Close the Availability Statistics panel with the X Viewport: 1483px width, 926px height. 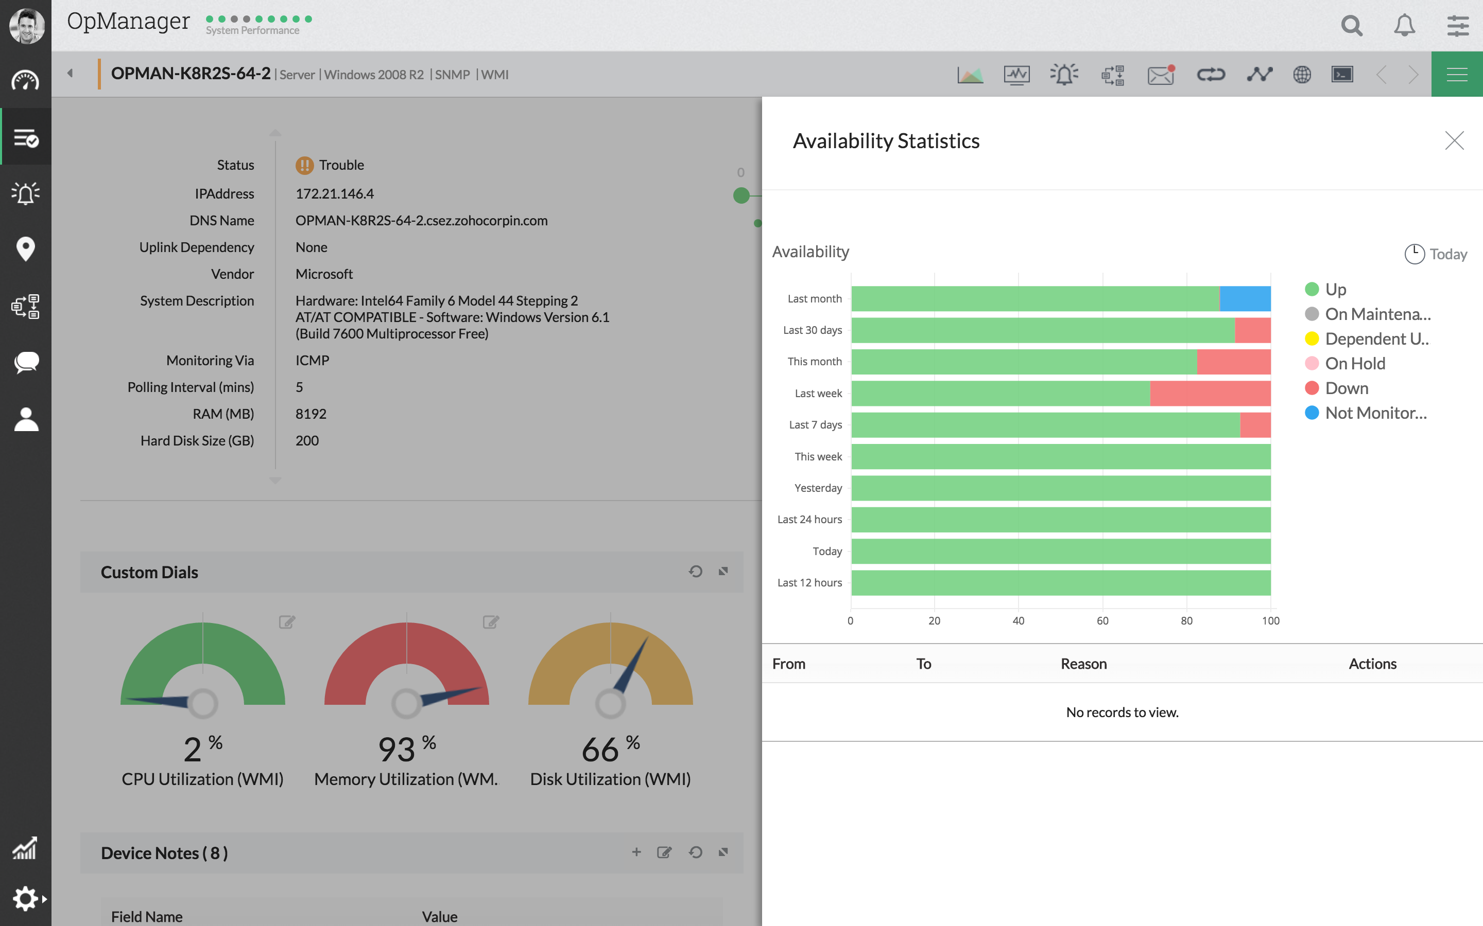(x=1454, y=140)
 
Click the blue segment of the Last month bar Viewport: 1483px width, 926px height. (x=1245, y=298)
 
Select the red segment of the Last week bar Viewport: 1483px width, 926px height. (x=1210, y=393)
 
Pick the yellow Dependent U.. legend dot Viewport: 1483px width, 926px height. (x=1312, y=339)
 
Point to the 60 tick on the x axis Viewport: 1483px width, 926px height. (x=1102, y=620)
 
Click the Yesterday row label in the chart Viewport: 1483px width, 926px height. (x=818, y=488)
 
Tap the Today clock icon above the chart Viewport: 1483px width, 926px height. (x=1414, y=254)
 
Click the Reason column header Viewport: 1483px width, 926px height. (x=1083, y=664)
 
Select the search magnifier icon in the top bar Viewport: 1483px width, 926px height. (x=1351, y=26)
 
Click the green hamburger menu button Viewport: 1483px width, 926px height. (x=1457, y=75)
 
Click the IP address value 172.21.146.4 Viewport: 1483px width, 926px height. (x=335, y=193)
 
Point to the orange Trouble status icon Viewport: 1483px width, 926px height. (x=304, y=165)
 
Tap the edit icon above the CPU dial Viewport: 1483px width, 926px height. (x=287, y=622)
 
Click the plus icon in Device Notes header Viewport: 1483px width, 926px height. (x=636, y=852)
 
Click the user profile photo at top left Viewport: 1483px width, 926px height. (x=26, y=26)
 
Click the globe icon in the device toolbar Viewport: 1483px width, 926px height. (x=1302, y=75)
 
